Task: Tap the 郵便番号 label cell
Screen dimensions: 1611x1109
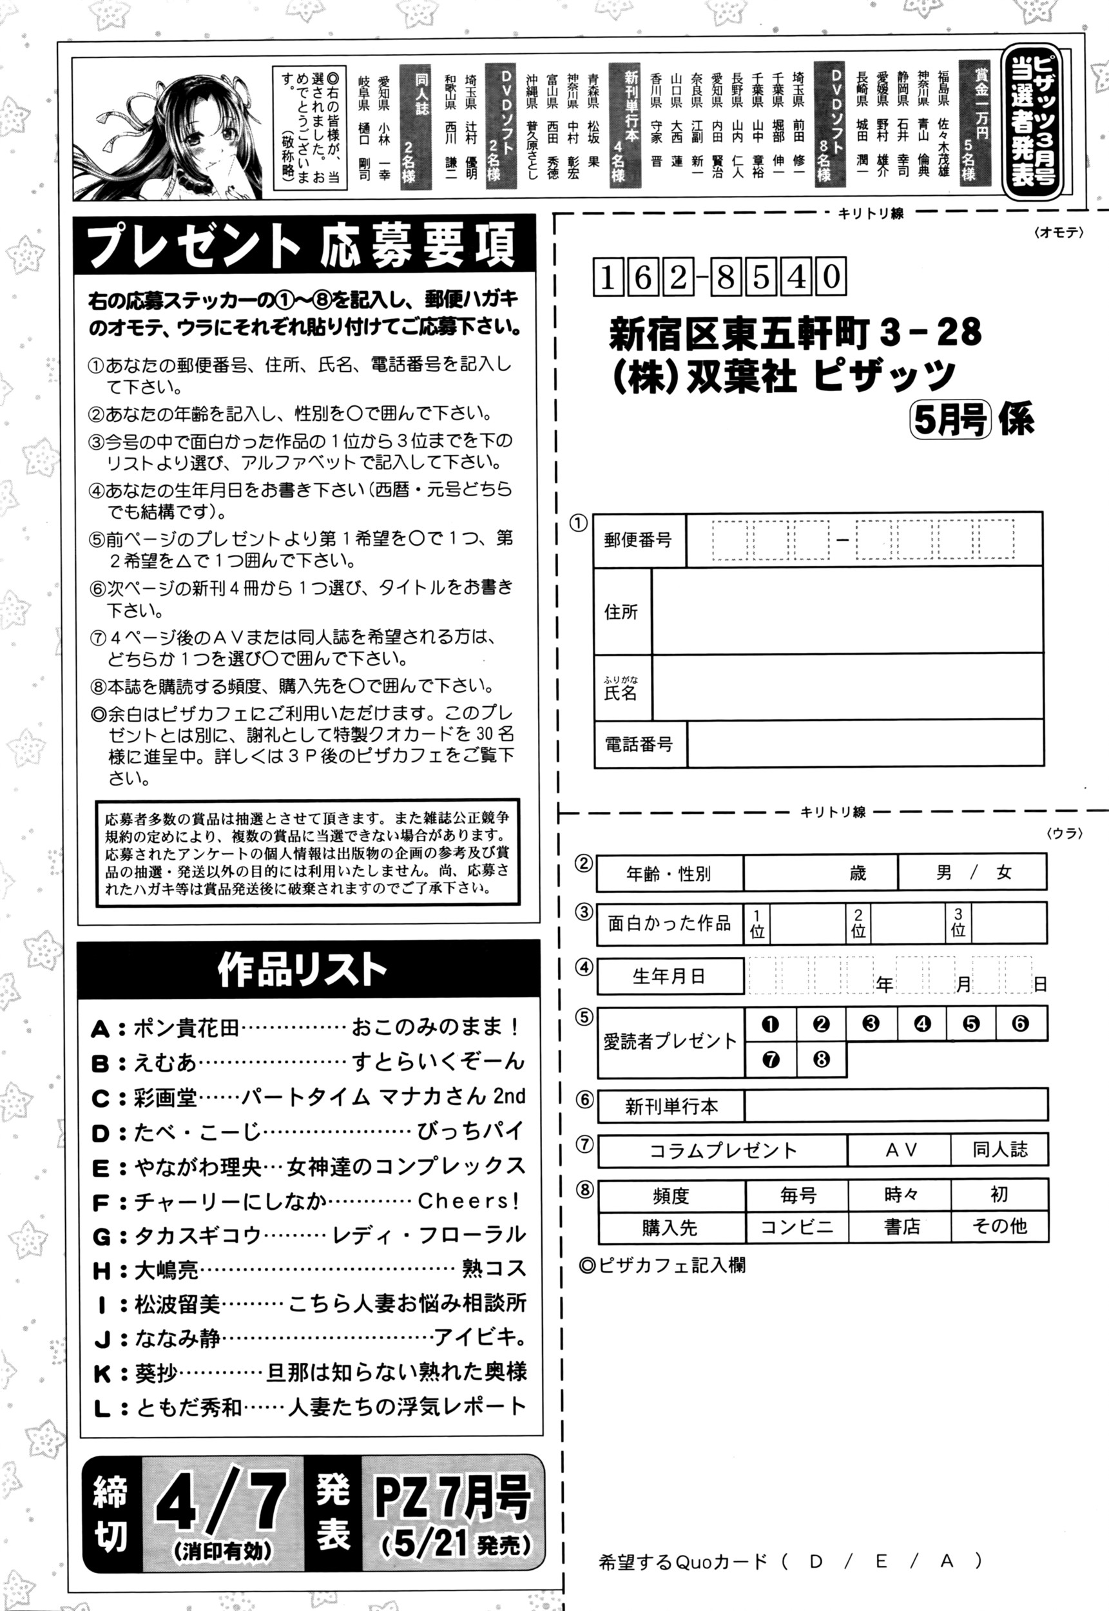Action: [639, 540]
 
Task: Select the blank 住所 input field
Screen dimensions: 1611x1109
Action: [846, 612]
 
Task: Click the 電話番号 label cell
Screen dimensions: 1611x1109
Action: [639, 745]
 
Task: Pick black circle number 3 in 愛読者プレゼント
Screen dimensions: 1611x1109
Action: [871, 1023]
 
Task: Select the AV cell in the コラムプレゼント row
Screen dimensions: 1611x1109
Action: [901, 1150]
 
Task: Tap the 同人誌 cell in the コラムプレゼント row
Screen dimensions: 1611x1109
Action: [999, 1150]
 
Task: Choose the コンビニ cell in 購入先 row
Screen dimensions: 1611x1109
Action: [796, 1227]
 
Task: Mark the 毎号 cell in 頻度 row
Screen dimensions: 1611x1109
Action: [797, 1195]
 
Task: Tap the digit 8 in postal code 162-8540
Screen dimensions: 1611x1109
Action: [726, 277]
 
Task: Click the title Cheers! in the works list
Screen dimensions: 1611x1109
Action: [468, 1201]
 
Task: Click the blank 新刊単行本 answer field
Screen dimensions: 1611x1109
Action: [895, 1105]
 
